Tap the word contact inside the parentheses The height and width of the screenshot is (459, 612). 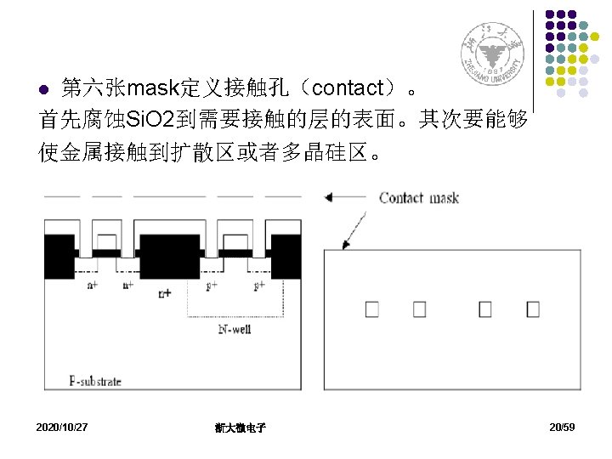(356, 88)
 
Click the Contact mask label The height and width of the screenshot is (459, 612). (419, 198)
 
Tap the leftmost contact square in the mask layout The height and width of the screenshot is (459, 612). (371, 309)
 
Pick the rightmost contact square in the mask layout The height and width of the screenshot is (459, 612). (533, 309)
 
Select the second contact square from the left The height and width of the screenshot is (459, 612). (419, 309)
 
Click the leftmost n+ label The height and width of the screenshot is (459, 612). (92, 286)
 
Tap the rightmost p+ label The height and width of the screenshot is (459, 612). (260, 286)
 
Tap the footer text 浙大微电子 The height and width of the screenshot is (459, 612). (241, 428)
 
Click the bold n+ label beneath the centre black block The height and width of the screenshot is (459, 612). (165, 293)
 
